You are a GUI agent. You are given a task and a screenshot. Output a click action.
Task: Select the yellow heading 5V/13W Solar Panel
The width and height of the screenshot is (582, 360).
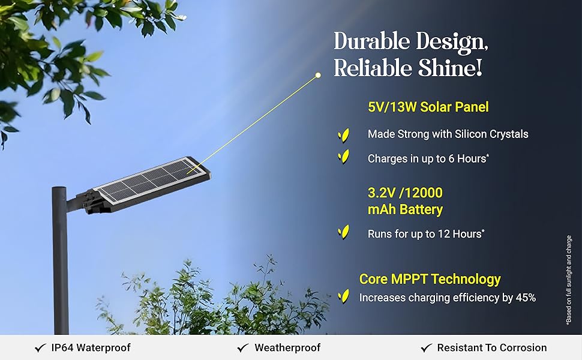[428, 107]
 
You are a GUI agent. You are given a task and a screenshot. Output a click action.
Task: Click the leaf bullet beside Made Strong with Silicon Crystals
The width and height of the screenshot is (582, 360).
[343, 135]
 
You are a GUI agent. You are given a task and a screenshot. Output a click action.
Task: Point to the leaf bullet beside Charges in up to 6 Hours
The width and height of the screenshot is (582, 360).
[343, 157]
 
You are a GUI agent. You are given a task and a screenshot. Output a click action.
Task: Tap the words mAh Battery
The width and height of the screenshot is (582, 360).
[405, 209]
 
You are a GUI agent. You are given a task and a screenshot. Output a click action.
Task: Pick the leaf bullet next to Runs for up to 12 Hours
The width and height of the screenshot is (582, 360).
[343, 232]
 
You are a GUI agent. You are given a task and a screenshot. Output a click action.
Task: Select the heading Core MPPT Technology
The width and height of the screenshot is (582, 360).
[430, 279]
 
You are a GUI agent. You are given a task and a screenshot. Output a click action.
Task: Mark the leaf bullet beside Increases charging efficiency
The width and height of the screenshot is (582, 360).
[343, 296]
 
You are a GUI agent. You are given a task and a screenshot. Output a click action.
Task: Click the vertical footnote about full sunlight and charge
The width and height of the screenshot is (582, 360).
[569, 280]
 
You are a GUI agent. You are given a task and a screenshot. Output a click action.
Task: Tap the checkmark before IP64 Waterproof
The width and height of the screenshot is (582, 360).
[40, 348]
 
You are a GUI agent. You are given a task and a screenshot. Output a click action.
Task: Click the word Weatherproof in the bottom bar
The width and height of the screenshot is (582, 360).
[287, 348]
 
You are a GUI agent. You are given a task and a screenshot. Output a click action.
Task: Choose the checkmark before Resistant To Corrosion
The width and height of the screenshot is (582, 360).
[427, 348]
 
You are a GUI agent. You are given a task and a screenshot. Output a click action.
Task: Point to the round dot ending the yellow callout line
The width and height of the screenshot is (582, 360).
[318, 76]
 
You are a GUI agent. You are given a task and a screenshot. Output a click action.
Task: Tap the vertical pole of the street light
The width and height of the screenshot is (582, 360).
[60, 260]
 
